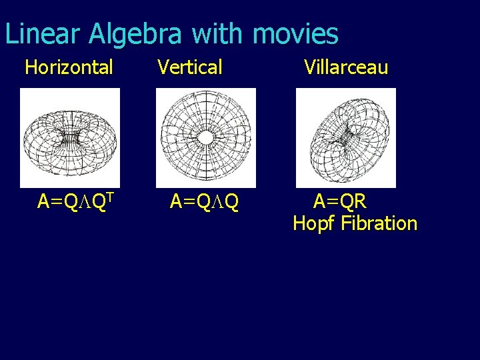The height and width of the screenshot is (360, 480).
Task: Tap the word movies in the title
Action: coord(295,34)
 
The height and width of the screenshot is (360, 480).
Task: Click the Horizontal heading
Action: coord(69,67)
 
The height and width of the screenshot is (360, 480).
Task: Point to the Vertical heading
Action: coord(190,67)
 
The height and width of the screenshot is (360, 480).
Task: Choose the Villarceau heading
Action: coord(345,67)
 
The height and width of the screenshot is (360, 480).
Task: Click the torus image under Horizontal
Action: coord(70,137)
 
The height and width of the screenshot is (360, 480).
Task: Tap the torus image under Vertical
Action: coord(205,137)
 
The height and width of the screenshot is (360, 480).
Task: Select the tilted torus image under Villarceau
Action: coord(345,137)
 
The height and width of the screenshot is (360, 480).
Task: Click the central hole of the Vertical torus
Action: coord(206,137)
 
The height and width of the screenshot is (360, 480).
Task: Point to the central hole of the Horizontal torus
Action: coord(70,138)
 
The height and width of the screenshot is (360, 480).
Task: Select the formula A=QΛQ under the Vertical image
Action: coord(204,201)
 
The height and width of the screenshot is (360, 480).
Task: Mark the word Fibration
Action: coord(379,223)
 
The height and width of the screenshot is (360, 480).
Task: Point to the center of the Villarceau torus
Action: coord(345,138)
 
